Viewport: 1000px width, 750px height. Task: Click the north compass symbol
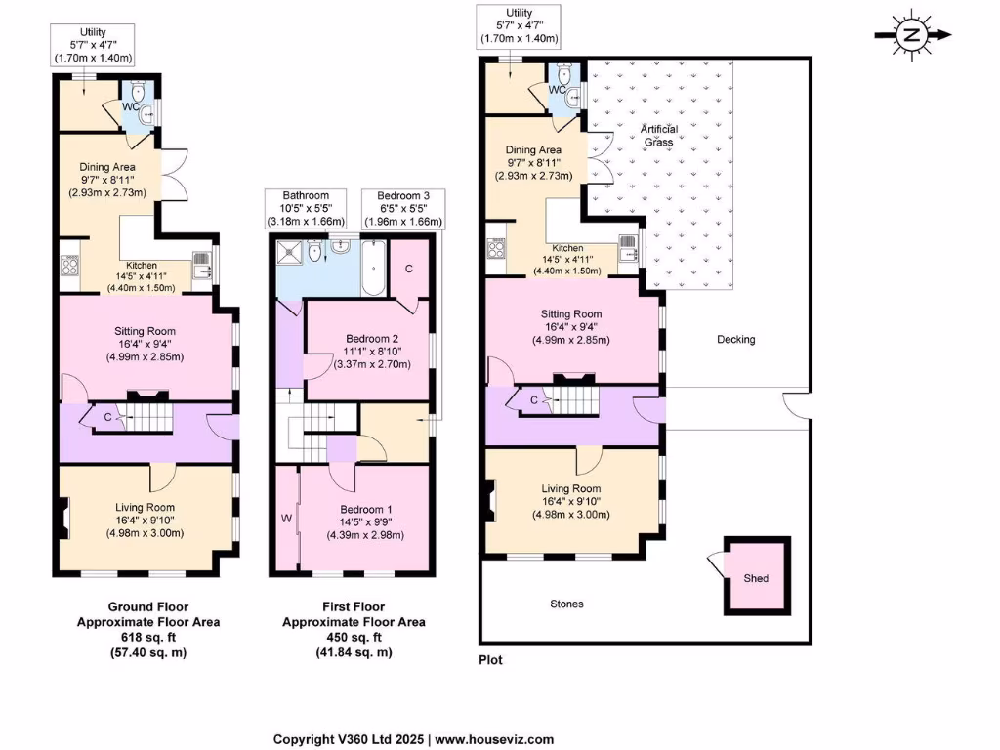(x=912, y=35)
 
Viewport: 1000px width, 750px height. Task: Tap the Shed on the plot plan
(x=756, y=577)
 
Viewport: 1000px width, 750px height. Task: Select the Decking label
(x=735, y=340)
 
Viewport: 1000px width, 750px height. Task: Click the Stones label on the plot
(x=566, y=604)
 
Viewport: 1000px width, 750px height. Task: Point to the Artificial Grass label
(x=658, y=136)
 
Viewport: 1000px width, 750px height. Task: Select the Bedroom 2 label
(x=366, y=339)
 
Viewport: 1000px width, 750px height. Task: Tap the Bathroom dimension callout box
(x=306, y=209)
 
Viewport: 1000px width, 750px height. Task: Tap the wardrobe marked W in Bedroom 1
(x=288, y=517)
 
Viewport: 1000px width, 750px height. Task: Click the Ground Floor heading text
(x=147, y=605)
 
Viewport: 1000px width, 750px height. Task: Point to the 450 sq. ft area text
(x=354, y=637)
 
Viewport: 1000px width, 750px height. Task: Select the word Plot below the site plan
(x=491, y=660)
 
